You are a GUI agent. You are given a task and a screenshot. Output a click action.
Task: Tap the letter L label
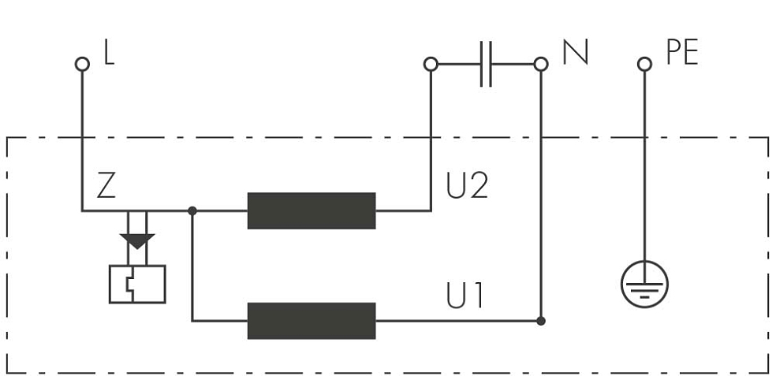click(x=110, y=53)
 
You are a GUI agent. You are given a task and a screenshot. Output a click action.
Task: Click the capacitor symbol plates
click(x=486, y=65)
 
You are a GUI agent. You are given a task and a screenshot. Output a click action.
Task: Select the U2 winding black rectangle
click(x=312, y=210)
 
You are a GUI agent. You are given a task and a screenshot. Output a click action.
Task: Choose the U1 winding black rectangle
click(x=312, y=321)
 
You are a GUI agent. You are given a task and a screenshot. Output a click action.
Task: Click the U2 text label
click(x=467, y=185)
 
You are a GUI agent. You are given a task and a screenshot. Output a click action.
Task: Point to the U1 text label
click(x=464, y=296)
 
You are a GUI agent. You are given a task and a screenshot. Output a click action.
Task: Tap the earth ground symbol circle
click(x=644, y=261)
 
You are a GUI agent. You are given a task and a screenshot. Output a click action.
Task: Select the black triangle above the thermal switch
click(x=137, y=241)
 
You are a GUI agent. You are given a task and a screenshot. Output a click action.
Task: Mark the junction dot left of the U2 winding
click(x=192, y=210)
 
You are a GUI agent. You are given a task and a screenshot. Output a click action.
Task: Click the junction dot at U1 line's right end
click(x=541, y=321)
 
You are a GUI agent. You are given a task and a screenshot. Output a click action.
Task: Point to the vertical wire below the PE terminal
click(x=644, y=166)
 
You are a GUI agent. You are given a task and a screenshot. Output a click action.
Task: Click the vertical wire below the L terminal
click(x=82, y=141)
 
